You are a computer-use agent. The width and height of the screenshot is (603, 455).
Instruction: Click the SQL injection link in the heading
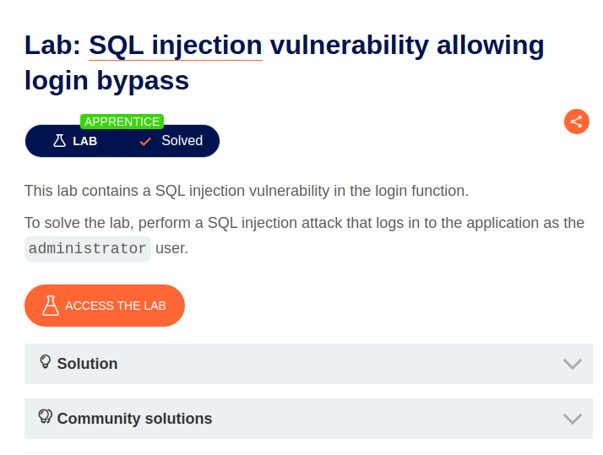(175, 45)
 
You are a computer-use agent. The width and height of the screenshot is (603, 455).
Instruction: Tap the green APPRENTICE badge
(122, 122)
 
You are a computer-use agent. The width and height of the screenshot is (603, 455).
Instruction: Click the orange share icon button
(576, 122)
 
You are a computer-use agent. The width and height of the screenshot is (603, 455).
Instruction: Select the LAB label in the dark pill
(84, 141)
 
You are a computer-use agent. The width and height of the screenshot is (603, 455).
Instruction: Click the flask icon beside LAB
(59, 141)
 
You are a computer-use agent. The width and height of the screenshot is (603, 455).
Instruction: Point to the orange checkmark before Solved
(145, 141)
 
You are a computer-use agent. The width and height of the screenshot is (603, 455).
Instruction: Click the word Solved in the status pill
(182, 141)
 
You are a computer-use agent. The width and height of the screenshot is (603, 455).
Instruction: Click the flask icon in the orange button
(51, 306)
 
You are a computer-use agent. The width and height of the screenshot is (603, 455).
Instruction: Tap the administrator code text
(87, 249)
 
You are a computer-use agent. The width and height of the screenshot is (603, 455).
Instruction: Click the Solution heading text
(87, 364)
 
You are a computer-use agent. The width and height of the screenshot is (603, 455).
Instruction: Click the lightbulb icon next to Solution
(46, 362)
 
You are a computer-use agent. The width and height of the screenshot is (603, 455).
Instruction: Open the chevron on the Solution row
(572, 364)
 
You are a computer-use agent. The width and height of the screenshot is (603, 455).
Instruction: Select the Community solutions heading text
(134, 419)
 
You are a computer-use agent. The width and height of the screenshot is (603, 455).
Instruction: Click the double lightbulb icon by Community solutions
(46, 417)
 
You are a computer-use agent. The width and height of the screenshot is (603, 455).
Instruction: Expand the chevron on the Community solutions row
(572, 419)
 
